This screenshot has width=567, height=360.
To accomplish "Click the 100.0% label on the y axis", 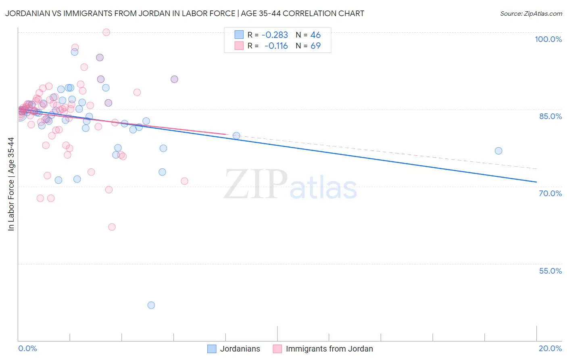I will pos(548,39).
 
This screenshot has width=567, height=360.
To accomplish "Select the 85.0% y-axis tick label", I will pos(550,116).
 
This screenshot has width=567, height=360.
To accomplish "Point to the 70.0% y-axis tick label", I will pos(550,193).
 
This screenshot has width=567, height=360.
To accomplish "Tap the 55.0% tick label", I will pos(550,271).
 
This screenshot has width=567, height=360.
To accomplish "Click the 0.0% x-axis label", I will pos(27,348).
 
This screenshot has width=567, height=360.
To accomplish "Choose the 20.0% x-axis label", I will pos(550,348).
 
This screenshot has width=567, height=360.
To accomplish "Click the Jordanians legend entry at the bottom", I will pos(240,349).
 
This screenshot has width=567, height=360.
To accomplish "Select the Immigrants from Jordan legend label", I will pos(329,349).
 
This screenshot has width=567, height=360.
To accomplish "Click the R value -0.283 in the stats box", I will pos(275,35).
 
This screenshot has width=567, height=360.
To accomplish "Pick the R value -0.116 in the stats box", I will pos(276,46).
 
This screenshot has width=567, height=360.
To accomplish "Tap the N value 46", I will pos(315,35).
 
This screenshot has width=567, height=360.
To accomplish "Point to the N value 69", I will pos(315,46).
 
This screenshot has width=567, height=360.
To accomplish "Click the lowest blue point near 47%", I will pos(151,305).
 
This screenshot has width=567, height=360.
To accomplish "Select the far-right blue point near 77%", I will pos(498,151).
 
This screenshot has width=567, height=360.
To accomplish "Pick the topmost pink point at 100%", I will pos(106,32).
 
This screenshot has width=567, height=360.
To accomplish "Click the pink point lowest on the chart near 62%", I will pos(112,227).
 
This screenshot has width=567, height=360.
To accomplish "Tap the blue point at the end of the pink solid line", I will pos(236,136).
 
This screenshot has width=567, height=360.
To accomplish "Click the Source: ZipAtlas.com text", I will pos(531,14).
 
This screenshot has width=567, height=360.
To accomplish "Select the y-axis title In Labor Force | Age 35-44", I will pos(11,184).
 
